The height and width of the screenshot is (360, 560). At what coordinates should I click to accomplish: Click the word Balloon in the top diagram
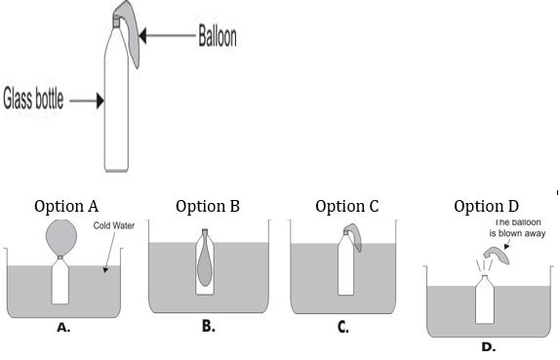(x=217, y=37)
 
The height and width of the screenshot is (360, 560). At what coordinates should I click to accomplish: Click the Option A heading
(x=66, y=206)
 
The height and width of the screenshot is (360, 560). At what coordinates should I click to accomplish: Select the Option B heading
(x=208, y=206)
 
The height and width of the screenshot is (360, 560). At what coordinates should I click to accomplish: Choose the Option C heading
(x=347, y=206)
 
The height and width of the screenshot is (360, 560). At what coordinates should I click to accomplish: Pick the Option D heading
(x=487, y=206)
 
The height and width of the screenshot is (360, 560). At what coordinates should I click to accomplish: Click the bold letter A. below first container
(x=63, y=328)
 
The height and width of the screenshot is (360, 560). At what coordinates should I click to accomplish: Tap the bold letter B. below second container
(x=208, y=327)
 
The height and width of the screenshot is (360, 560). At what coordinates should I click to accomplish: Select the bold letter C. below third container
(x=343, y=328)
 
